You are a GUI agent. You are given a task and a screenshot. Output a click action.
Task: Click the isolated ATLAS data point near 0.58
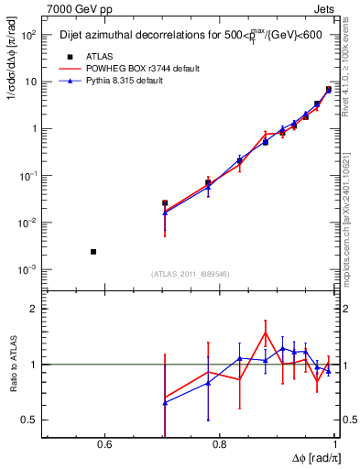pos(93,251)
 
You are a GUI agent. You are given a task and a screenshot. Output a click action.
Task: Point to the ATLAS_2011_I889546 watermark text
pos(191,274)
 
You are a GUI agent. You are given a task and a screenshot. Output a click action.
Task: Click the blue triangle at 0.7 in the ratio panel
pos(165,402)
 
